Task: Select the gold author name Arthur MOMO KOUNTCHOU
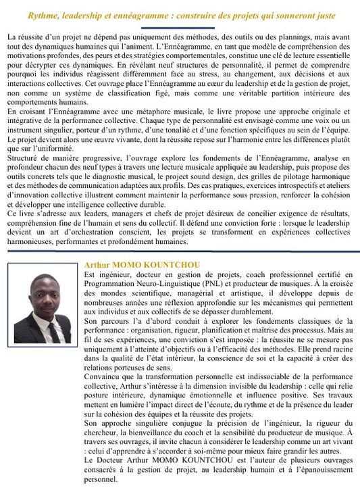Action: (142, 265)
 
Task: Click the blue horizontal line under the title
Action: (180, 26)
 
